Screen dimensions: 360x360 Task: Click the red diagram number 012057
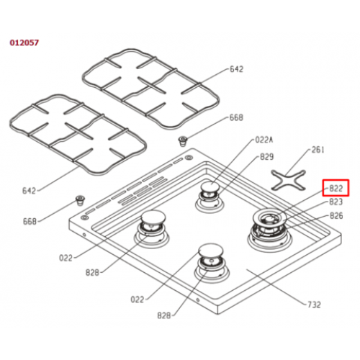24,42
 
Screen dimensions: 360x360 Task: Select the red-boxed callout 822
336,188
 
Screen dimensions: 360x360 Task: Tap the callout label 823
336,202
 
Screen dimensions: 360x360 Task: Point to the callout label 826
336,216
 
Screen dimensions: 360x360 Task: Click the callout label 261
318,150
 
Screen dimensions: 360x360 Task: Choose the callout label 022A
264,140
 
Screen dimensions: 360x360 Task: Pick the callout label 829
267,157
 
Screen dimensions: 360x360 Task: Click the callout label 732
314,305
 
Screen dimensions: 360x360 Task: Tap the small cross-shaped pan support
289,181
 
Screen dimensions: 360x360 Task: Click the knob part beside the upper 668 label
184,141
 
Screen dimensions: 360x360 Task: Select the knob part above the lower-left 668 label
80,200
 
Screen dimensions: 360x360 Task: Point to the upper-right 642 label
237,69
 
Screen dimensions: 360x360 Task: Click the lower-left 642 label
29,191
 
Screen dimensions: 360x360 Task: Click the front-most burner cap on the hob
211,250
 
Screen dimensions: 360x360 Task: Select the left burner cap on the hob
153,217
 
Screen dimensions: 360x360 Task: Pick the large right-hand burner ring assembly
270,230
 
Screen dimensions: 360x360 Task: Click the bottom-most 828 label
164,315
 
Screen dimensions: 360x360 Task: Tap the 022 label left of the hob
66,258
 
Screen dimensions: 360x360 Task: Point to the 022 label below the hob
138,300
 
